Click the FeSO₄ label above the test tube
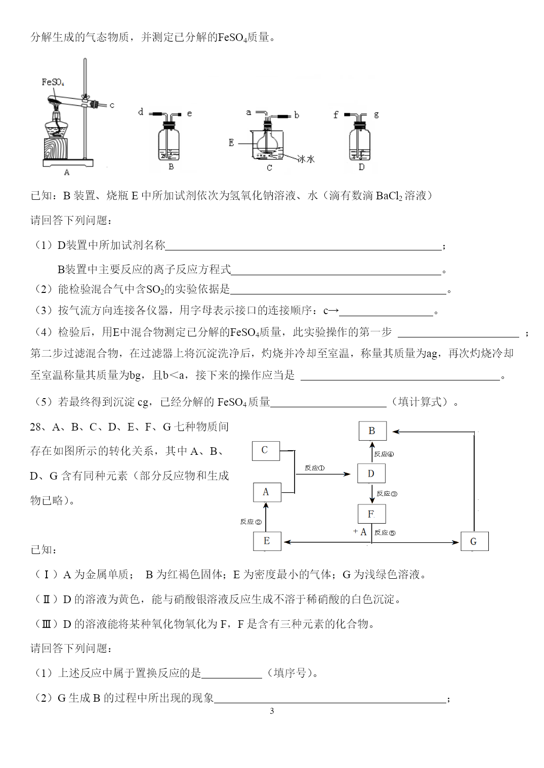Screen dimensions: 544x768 [53, 82]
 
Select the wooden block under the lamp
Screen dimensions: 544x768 [56, 148]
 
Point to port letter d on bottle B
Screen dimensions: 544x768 [141, 112]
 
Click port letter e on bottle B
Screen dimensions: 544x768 [189, 113]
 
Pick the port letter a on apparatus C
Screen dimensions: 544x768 [248, 112]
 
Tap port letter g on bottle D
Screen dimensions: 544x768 [376, 114]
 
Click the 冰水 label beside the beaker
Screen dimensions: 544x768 [306, 159]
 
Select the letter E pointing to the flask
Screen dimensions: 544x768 [231, 143]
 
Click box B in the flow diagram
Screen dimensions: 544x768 [372, 431]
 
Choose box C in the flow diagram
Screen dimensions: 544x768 [266, 451]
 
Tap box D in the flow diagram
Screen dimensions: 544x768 [371, 474]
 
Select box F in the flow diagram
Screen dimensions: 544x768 [371, 514]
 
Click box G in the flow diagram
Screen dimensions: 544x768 [474, 541]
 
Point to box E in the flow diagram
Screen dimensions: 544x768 [267, 541]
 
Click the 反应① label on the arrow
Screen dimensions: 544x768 [315, 467]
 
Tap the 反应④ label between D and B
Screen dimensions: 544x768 [384, 454]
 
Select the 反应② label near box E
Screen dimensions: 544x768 [250, 522]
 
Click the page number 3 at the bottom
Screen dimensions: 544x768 [272, 711]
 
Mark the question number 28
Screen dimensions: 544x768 [35, 427]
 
